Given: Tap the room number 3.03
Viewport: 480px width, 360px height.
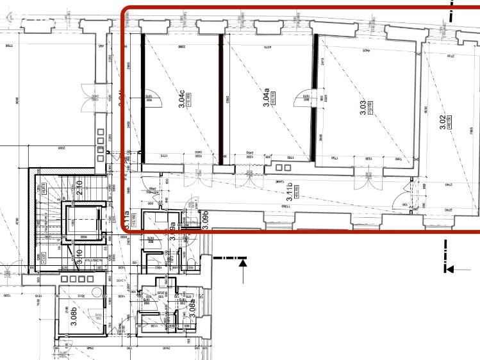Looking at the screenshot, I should [363, 108].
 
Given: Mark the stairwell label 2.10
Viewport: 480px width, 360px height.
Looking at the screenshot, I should [79, 187].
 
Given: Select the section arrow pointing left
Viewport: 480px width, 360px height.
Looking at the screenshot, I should [449, 269].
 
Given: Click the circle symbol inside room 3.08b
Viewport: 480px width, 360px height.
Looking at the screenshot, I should [97, 293].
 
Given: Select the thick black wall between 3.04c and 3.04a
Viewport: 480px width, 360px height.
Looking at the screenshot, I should [221, 99].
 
